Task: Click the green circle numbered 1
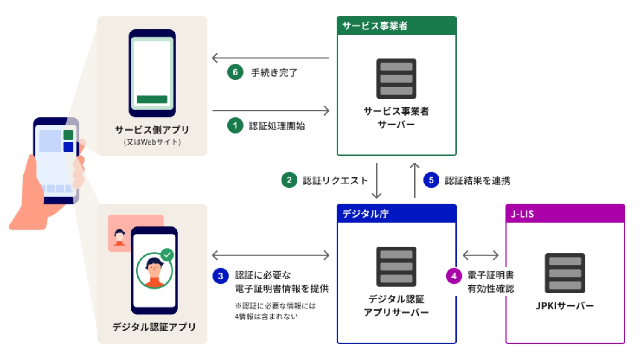(x=235, y=125)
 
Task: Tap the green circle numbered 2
(x=289, y=180)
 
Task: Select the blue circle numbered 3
(x=221, y=276)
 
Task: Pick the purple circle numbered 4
(x=454, y=276)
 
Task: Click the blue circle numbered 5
(x=431, y=180)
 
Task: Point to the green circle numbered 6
(x=235, y=72)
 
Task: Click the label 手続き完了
(x=274, y=73)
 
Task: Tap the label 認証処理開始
(x=277, y=126)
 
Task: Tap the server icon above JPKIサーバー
(x=565, y=273)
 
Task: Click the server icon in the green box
(x=396, y=78)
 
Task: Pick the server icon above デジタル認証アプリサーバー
(x=396, y=266)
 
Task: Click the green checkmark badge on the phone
(x=167, y=255)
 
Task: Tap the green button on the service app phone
(x=152, y=99)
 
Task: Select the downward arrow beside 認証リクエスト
(x=377, y=181)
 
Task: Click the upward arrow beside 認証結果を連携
(x=414, y=180)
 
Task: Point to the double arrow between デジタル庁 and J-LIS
(x=480, y=255)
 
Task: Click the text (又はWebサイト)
(x=152, y=142)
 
